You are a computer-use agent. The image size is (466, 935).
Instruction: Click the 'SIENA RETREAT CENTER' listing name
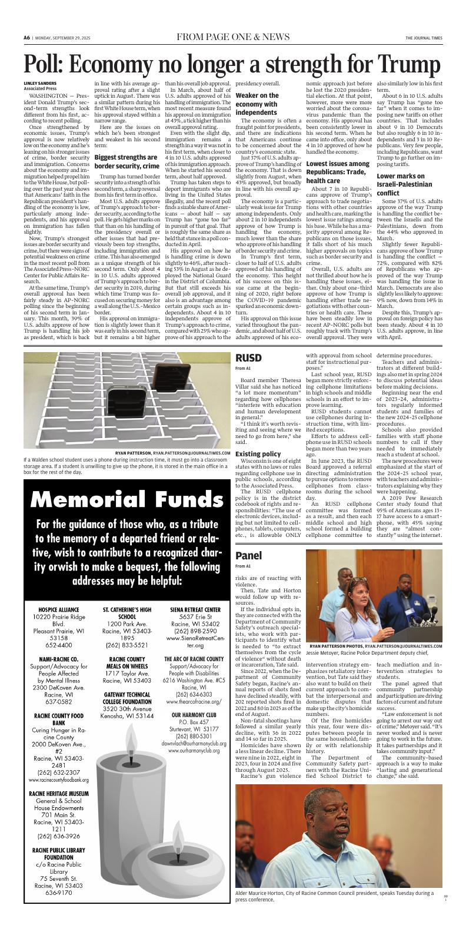(195, 610)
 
